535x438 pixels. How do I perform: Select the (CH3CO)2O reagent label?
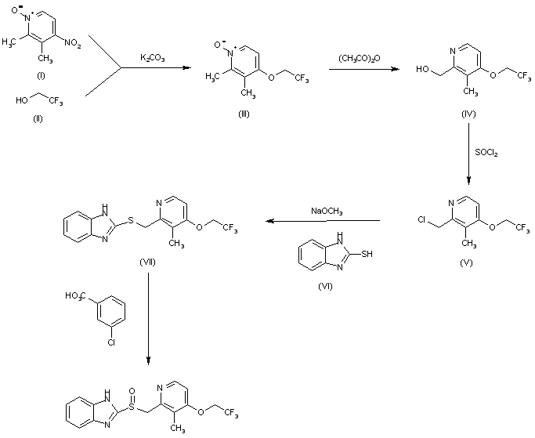pos(360,58)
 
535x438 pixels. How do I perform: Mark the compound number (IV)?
pos(468,115)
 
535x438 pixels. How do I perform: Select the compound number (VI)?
pos(325,288)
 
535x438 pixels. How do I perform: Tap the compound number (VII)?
pos(146,261)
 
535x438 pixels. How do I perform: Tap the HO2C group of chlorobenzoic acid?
pos(77,295)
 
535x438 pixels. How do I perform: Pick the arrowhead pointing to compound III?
pos(189,69)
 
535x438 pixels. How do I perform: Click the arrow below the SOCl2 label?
pos(469,167)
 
